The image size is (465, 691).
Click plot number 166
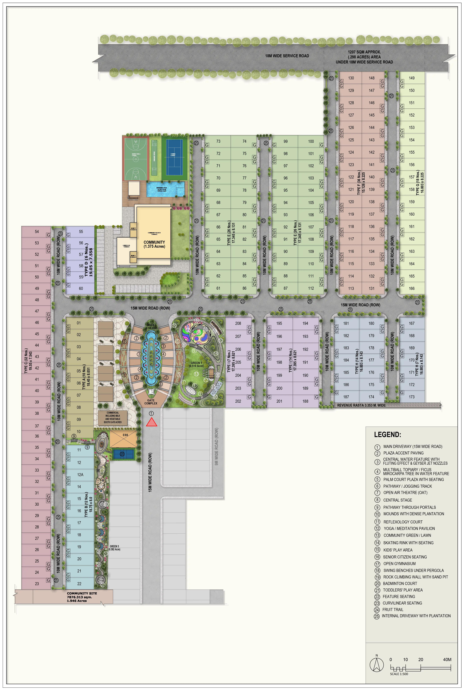[412, 288]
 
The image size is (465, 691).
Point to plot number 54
[37, 231]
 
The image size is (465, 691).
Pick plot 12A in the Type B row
[80, 475]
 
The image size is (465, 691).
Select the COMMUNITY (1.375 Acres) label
[154, 244]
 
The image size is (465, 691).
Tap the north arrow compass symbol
[377, 665]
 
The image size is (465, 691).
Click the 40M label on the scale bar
[447, 660]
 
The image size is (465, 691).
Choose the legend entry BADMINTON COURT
[400, 584]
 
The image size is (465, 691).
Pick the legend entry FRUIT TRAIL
[393, 610]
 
